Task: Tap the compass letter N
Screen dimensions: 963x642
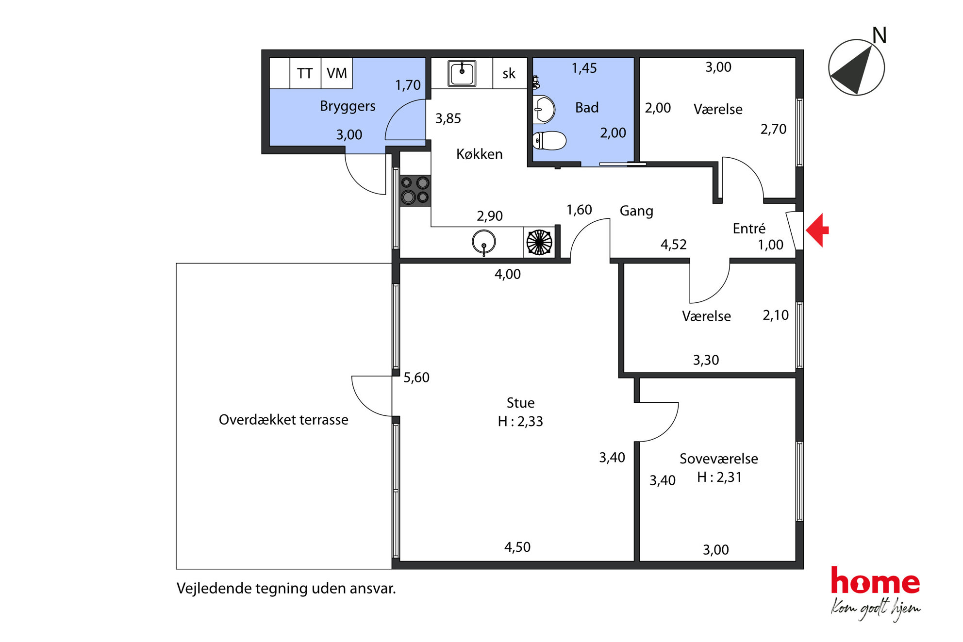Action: (879, 35)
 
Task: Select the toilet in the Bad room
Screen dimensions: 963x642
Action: (549, 141)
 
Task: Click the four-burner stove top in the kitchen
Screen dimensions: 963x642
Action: (415, 190)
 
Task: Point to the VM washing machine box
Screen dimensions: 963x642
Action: (337, 73)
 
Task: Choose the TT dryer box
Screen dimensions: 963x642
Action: (305, 73)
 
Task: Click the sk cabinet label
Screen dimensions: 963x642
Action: (509, 74)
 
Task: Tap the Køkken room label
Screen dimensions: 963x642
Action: (479, 154)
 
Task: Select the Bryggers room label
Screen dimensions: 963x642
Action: (348, 106)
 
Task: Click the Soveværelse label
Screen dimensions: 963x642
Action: (718, 459)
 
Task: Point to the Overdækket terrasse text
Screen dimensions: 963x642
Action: (283, 420)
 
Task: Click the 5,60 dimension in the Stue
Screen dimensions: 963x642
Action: (416, 378)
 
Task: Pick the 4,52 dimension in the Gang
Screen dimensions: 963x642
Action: (673, 245)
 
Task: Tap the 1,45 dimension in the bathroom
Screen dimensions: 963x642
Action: (584, 68)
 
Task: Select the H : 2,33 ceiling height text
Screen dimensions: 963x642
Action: (520, 421)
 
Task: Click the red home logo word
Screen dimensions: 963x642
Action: (875, 581)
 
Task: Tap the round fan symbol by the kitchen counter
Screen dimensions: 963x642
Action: (539, 242)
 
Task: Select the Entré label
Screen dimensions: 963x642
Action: (749, 228)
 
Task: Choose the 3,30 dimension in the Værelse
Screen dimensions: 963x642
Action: (706, 360)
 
